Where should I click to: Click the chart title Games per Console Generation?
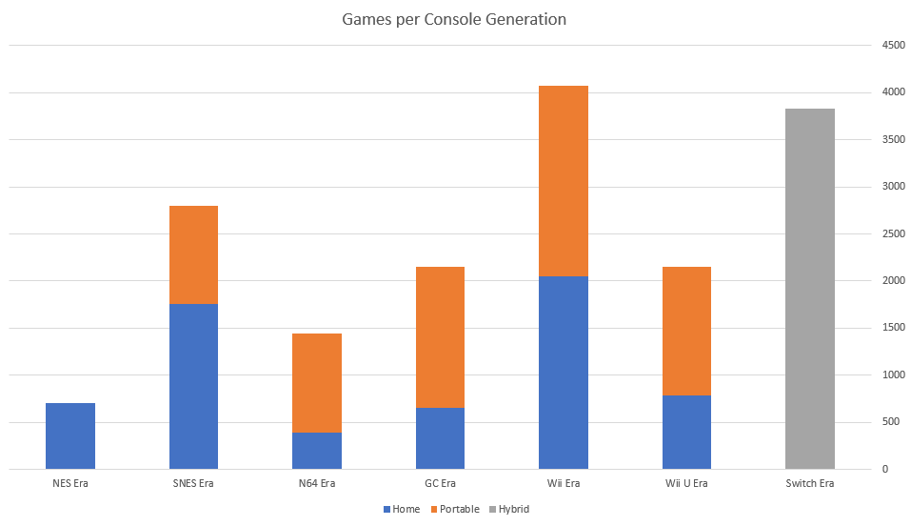pos(454,19)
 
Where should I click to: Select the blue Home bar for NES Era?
pos(70,435)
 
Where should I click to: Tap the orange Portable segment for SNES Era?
pos(193,254)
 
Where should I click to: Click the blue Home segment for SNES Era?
pos(193,386)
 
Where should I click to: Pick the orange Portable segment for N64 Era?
pos(317,382)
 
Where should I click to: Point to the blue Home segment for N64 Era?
pos(317,451)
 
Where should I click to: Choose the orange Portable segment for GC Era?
pos(440,337)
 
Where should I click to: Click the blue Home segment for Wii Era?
pos(563,373)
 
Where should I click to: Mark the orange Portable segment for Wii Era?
pos(563,181)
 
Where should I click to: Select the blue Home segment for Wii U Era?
pos(686,432)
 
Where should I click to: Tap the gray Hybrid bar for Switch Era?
pos(809,289)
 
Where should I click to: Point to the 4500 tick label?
pos(892,45)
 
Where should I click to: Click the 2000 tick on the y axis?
pos(892,280)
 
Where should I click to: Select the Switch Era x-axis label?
pos(809,483)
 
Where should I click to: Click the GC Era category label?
pos(440,483)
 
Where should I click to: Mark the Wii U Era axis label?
pos(686,483)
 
